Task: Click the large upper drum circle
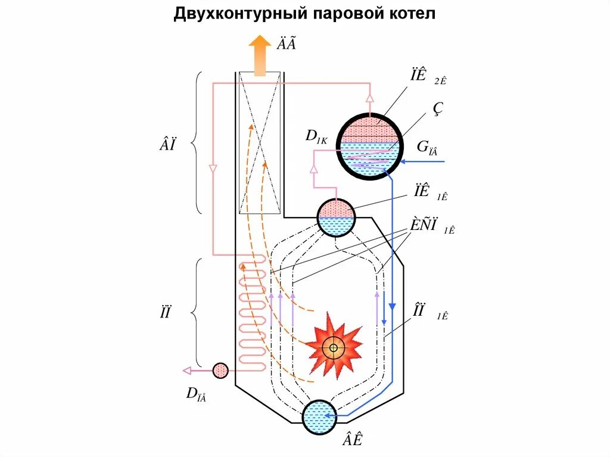click(369, 143)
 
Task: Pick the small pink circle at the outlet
click(220, 371)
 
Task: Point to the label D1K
click(316, 136)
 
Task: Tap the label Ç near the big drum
click(438, 108)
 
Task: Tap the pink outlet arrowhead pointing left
click(187, 371)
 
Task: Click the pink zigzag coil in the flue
click(253, 312)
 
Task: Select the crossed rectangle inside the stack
click(260, 143)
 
